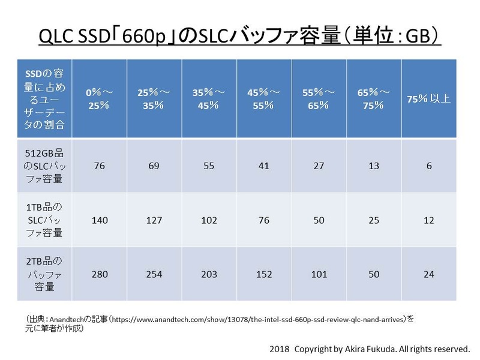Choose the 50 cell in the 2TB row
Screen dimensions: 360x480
[x=374, y=275]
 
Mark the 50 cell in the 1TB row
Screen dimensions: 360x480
[x=319, y=220]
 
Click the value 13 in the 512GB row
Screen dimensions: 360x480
[x=374, y=166]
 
